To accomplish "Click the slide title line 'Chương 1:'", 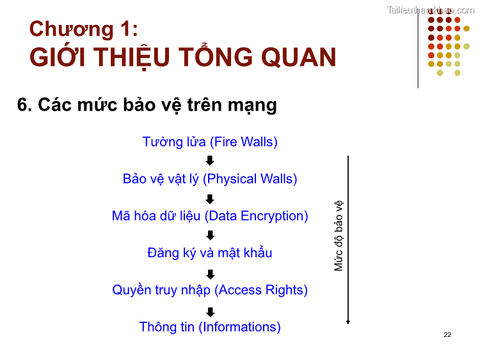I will coord(83,29).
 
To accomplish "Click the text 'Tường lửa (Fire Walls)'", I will coord(210,142).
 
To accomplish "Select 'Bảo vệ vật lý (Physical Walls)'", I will coord(210,179).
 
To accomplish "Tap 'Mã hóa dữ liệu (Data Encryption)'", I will coord(210,216).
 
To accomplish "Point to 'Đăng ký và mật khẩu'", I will coord(210,253).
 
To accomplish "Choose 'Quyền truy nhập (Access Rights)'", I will coord(210,290).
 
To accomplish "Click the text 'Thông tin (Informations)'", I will coord(210,327).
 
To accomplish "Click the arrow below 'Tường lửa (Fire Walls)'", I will coord(210,160).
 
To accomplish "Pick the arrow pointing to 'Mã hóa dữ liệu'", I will coord(210,198).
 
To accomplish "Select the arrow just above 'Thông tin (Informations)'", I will coord(210,312).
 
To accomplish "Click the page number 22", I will coord(447,335).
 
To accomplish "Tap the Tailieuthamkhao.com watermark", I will coord(431,10).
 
